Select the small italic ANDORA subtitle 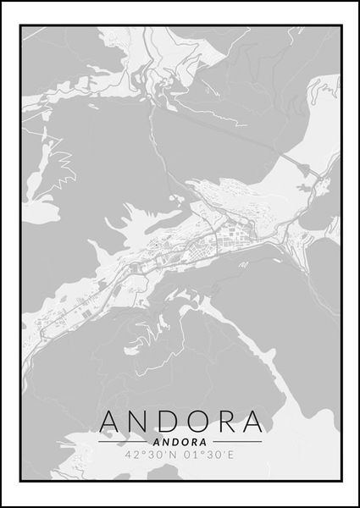180,441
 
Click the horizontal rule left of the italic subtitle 124,442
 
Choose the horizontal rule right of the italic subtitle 237,442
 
